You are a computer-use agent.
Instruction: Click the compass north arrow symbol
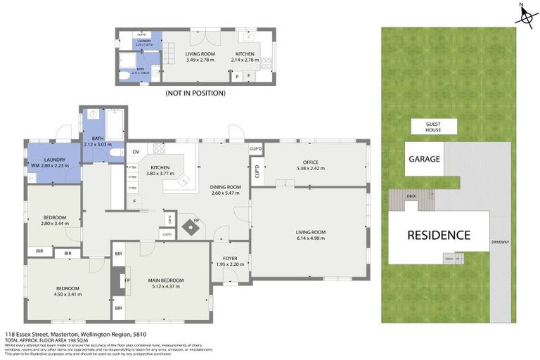click(525, 15)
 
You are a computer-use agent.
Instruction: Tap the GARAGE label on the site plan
click(424, 159)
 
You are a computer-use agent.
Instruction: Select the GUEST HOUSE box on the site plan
click(434, 126)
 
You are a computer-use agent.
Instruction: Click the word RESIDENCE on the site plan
click(439, 235)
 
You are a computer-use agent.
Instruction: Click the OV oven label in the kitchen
click(136, 151)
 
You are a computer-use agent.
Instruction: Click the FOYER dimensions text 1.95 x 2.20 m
click(229, 265)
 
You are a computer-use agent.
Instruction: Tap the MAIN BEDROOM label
click(167, 281)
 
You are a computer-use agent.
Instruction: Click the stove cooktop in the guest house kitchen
click(266, 62)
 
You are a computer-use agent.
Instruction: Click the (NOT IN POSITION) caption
click(195, 93)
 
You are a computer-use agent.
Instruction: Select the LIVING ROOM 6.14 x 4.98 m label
click(309, 236)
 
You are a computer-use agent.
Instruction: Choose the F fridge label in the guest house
click(248, 76)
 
